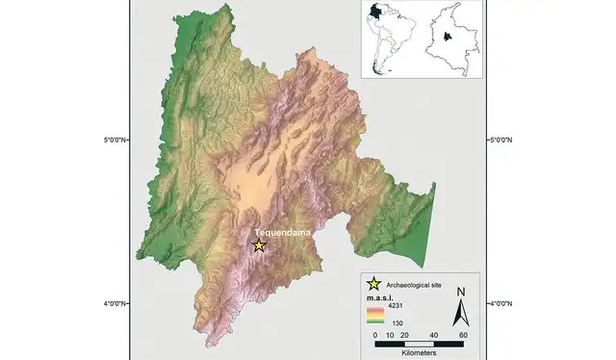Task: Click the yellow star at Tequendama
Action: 258,245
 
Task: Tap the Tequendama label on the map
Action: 278,233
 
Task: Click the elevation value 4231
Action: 396,305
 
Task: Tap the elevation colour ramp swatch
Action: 375,314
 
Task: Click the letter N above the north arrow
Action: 461,292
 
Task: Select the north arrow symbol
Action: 461,311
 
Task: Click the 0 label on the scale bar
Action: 374,333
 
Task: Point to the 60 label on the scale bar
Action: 464,333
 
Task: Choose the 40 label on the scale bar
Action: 435,333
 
